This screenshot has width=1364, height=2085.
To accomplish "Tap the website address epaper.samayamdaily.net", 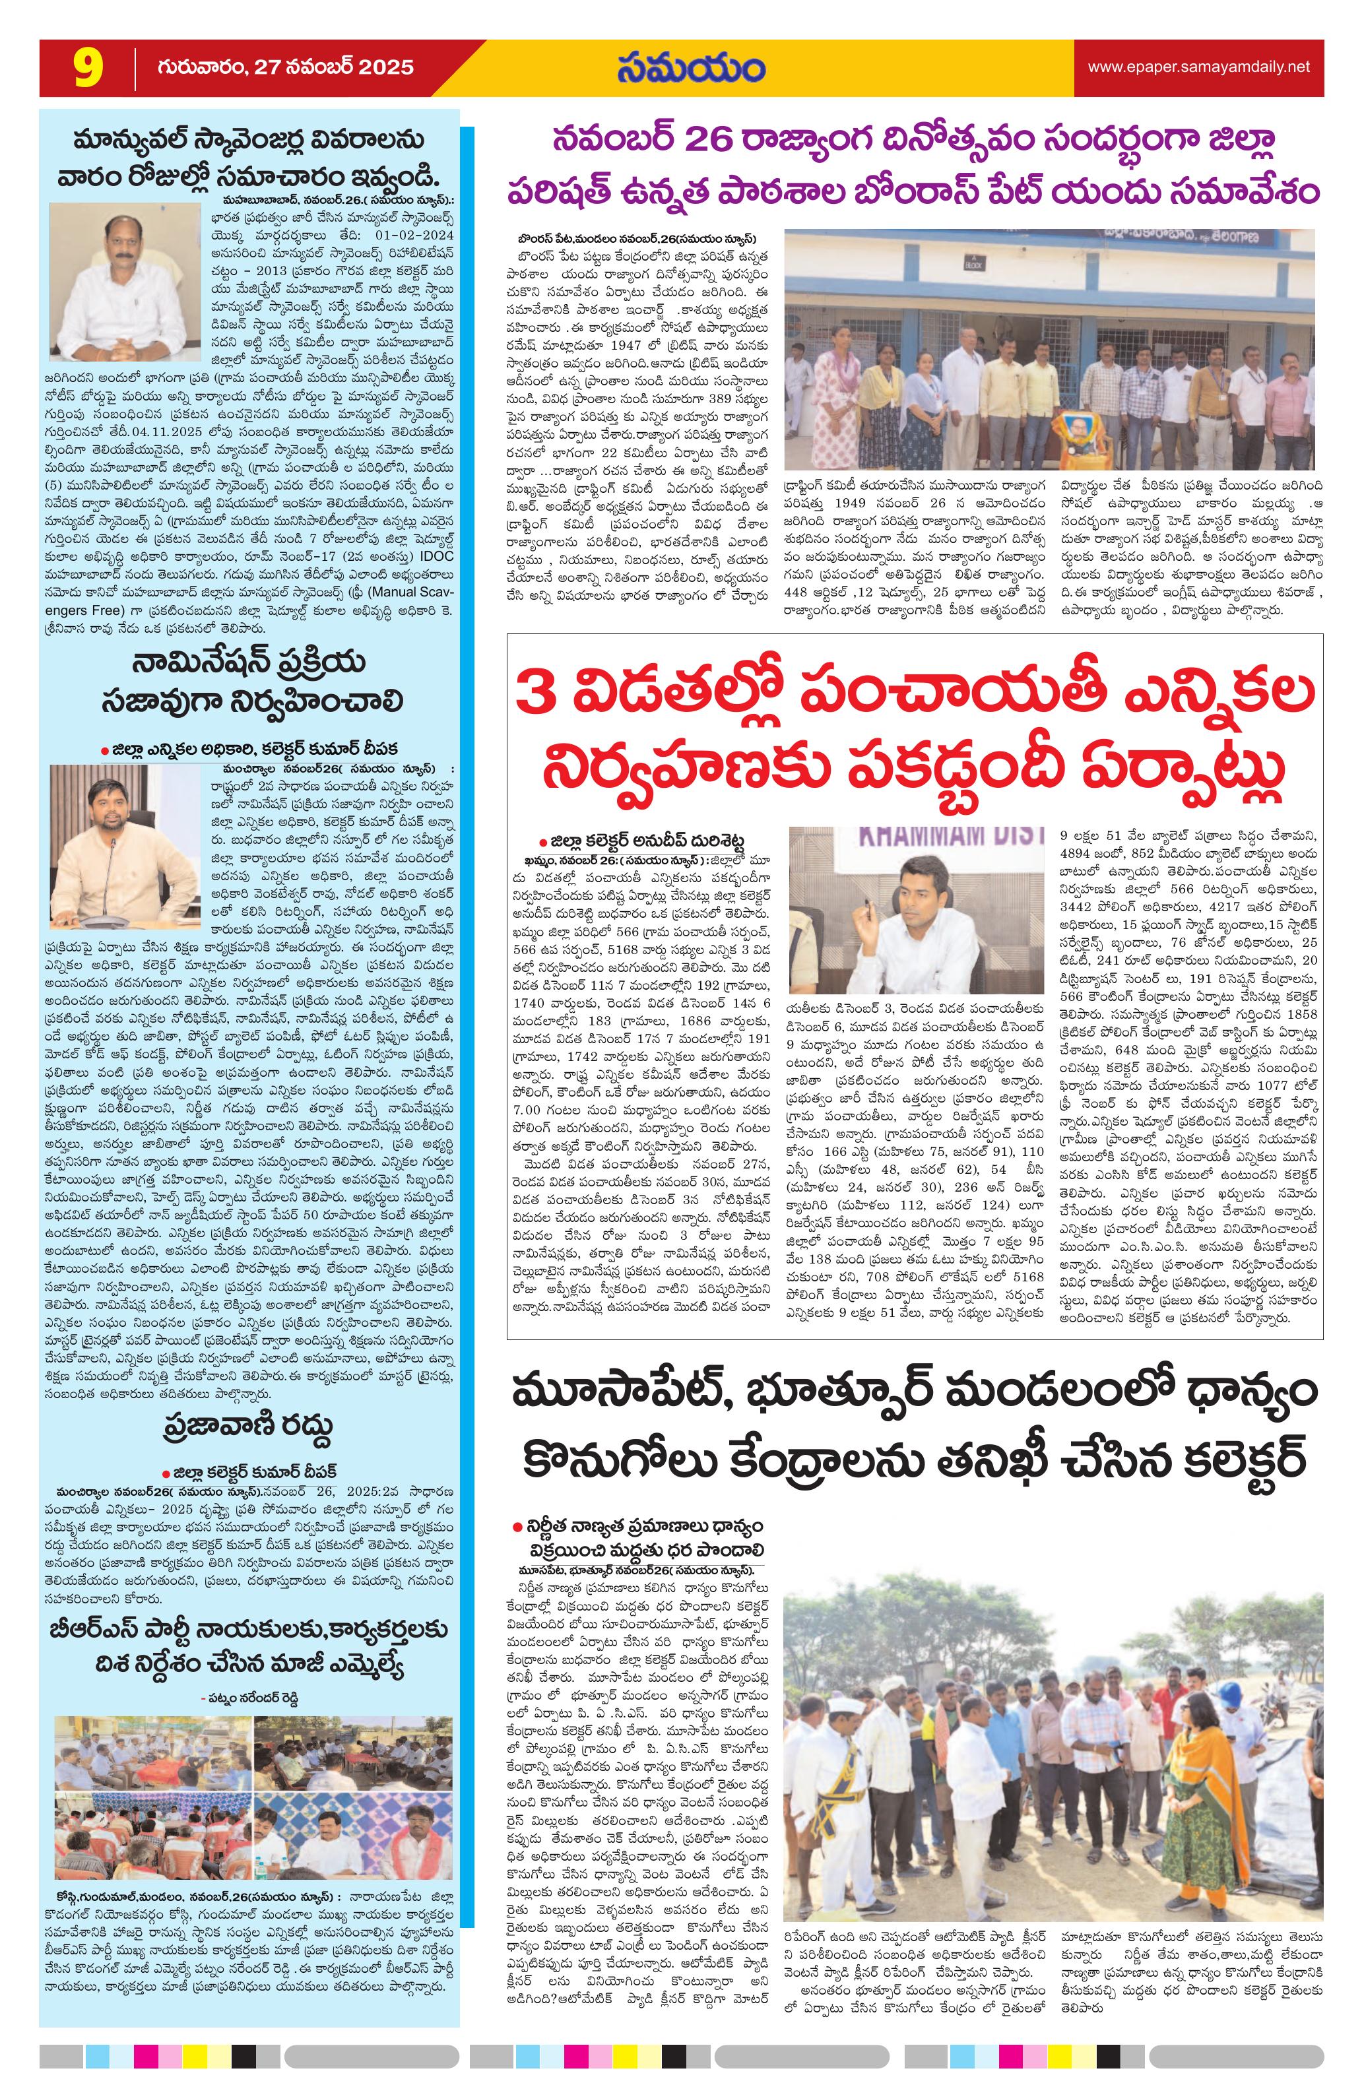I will tap(1198, 67).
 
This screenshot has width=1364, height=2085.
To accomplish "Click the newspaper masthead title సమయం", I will tap(690, 69).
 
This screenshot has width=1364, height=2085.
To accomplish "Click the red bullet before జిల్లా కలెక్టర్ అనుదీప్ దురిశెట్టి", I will tap(543, 839).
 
